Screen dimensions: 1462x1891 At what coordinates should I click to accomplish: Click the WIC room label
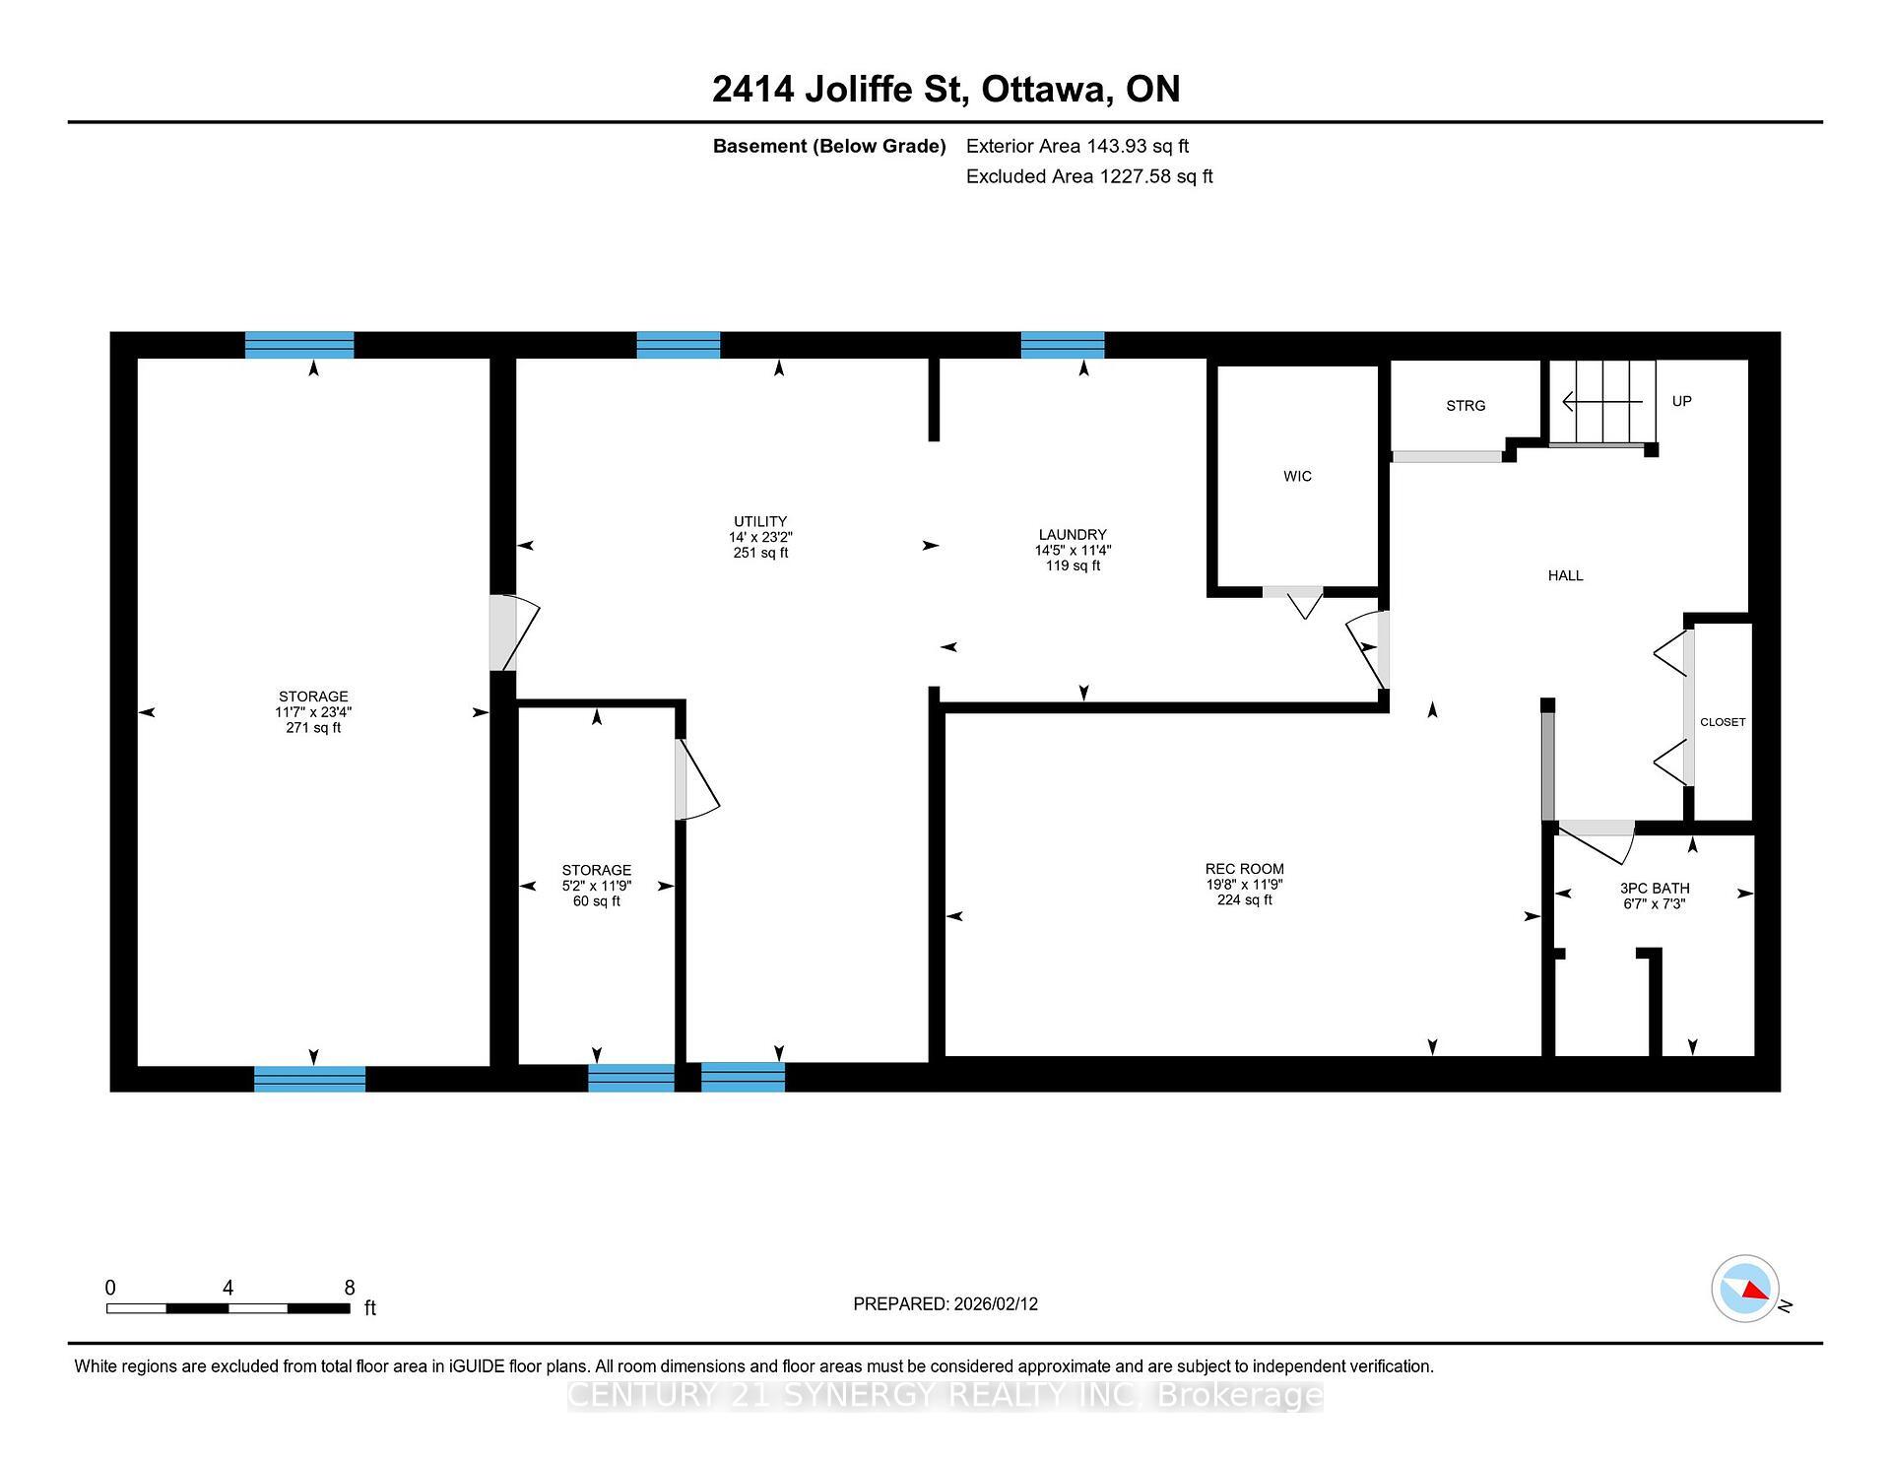click(1297, 477)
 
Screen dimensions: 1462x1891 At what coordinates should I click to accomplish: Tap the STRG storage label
click(1466, 406)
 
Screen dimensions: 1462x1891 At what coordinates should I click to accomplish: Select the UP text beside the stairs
click(1681, 401)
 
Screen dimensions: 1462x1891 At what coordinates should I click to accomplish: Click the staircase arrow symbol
click(1601, 402)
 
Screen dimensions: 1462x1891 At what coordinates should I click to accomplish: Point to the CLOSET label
click(1723, 722)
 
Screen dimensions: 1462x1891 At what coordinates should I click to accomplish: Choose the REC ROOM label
click(1244, 869)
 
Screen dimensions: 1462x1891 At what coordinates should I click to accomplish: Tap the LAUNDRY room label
click(1072, 535)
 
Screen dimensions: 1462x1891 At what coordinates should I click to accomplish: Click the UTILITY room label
click(759, 521)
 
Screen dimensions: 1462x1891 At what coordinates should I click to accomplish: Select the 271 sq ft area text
click(313, 728)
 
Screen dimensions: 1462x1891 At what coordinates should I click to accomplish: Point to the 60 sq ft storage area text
click(596, 901)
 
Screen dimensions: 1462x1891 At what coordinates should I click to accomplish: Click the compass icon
click(1744, 1289)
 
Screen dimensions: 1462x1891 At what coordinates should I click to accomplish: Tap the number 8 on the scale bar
click(349, 1288)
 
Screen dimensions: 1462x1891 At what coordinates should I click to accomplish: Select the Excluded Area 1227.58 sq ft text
click(1088, 176)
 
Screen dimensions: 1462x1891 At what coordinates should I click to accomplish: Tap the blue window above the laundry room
click(1062, 345)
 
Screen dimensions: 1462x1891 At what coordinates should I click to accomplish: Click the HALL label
click(1565, 575)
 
